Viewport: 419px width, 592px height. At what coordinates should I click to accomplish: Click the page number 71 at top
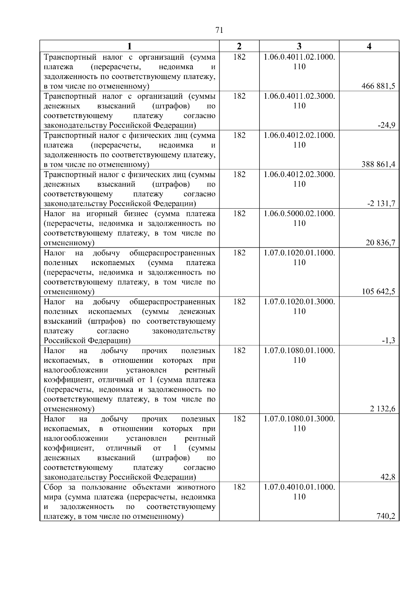[x=219, y=30]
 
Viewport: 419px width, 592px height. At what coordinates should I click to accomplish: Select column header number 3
[x=299, y=46]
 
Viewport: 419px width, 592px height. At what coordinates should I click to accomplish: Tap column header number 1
[x=130, y=46]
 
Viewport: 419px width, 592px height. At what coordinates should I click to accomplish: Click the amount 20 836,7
[x=380, y=242]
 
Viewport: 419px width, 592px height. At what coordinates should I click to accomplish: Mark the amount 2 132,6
[x=382, y=409]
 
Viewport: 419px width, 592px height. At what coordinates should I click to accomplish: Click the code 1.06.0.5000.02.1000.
[x=299, y=213]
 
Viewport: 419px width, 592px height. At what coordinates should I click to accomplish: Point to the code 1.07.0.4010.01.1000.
[x=299, y=487]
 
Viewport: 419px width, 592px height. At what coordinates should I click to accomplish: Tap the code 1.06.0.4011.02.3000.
[x=299, y=96]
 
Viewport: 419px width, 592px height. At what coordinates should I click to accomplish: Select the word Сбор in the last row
[x=53, y=487]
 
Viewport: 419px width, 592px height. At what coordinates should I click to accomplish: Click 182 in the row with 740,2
[x=239, y=487]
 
